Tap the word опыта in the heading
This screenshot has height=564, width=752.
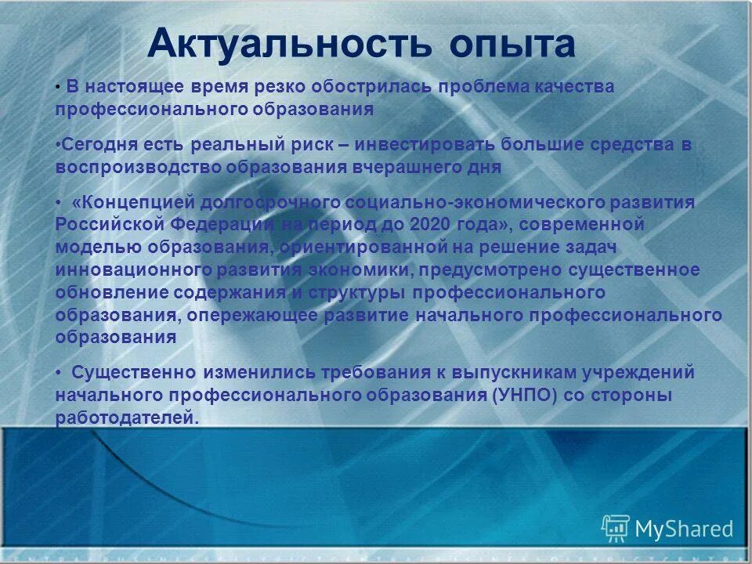tap(512, 45)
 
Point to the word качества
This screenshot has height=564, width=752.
tap(575, 87)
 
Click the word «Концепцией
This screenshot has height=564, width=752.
tap(131, 202)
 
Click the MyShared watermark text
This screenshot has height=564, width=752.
tap(684, 529)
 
